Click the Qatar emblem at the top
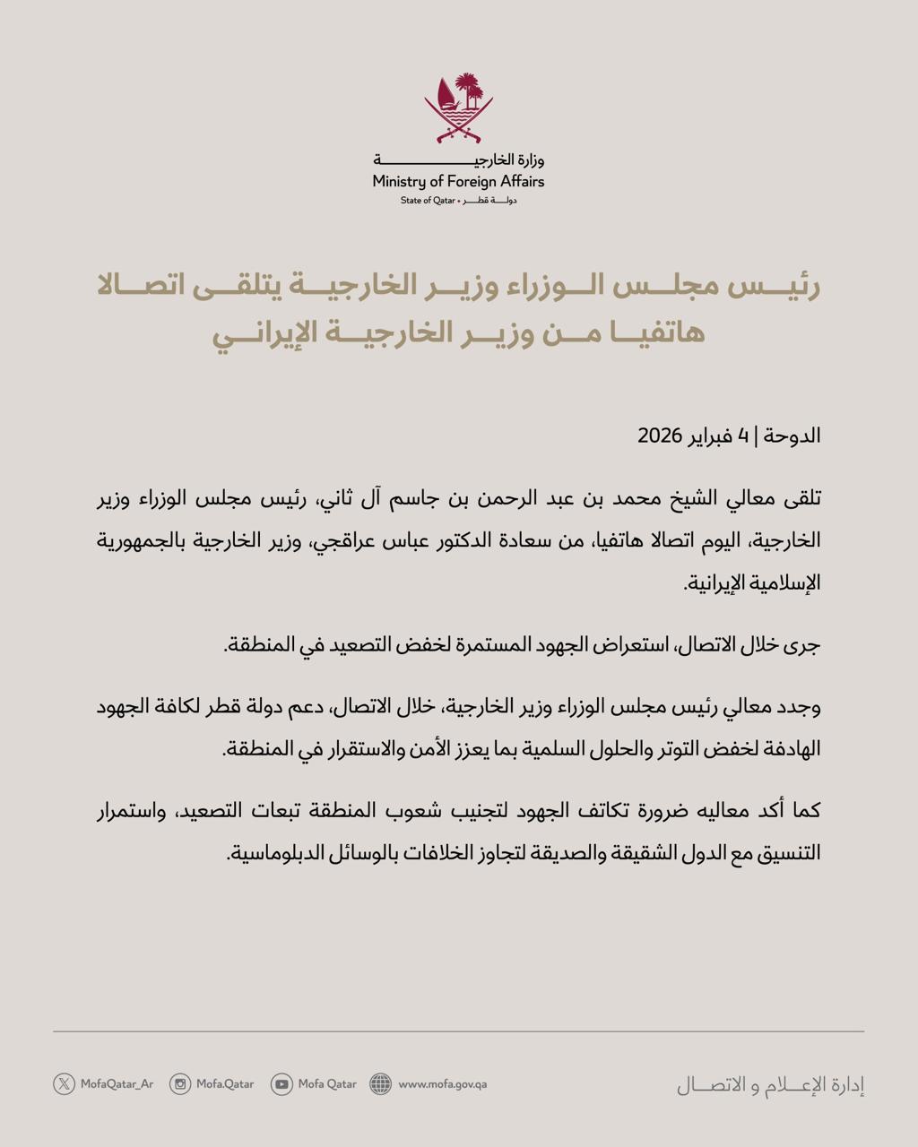pos(459,108)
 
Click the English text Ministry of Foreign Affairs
pos(459,181)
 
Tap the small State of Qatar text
pos(428,201)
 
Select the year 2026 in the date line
pos(661,436)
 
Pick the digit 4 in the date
pos(743,436)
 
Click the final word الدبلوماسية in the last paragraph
pos(272,852)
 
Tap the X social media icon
pos(64,1084)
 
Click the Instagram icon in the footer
pos(180,1084)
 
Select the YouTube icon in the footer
pos(281,1084)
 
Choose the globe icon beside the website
pos(381,1084)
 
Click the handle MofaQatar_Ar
pos(117,1084)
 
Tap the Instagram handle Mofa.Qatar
pos(225,1084)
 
